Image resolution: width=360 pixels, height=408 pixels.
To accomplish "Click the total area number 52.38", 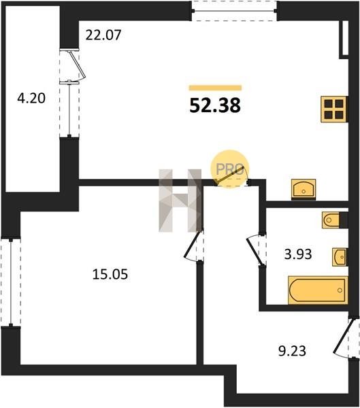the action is (x=215, y=105).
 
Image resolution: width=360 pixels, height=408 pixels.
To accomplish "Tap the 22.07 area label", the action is (x=103, y=35).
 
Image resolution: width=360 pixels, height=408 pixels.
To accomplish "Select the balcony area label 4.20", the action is (x=31, y=99).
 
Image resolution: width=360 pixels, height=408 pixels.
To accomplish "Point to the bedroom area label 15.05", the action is (x=110, y=274).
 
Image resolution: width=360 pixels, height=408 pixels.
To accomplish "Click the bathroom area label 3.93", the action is (x=298, y=254).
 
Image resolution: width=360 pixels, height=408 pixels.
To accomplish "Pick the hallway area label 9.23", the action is (x=292, y=351).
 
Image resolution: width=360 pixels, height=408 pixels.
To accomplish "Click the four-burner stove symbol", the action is (x=334, y=109).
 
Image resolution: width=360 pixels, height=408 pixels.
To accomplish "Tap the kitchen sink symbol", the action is (x=304, y=189).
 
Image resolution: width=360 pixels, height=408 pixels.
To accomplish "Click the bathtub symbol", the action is (x=318, y=290).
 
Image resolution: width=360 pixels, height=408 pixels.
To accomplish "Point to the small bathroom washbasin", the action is (x=340, y=257).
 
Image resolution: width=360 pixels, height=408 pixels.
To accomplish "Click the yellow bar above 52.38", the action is (x=215, y=88).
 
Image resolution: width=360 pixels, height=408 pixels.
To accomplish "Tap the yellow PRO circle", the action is (x=230, y=169).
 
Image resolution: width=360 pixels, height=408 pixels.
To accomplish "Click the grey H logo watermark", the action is (x=180, y=201).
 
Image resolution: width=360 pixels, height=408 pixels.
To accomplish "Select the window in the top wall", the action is (x=235, y=11).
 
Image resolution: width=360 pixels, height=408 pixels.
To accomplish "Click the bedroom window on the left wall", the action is (x=11, y=282).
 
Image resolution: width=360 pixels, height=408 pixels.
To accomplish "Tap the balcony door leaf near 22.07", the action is (x=77, y=65).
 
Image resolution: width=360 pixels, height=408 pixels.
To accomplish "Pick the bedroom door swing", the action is (x=193, y=245).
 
